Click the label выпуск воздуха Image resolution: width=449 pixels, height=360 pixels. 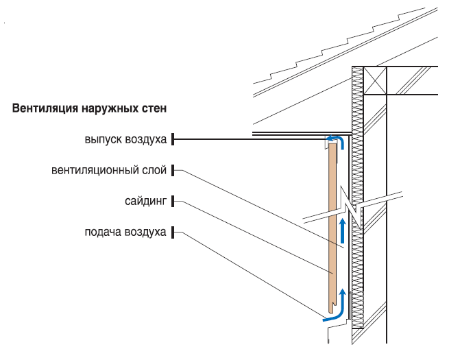click(126, 140)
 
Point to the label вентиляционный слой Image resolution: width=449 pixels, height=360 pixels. click(109, 169)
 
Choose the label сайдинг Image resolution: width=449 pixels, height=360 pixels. click(145, 202)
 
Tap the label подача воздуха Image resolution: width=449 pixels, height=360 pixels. click(125, 232)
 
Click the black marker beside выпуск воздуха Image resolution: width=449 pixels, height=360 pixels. click(173, 140)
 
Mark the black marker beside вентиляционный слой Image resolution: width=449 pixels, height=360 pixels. click(173, 169)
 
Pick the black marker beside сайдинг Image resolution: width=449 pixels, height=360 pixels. click(173, 202)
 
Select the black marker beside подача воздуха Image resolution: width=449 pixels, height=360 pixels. click(173, 232)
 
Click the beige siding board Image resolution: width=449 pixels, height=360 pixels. click(332, 226)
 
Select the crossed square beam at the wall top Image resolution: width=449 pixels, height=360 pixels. click(375, 80)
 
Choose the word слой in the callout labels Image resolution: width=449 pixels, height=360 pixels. click(157, 169)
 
